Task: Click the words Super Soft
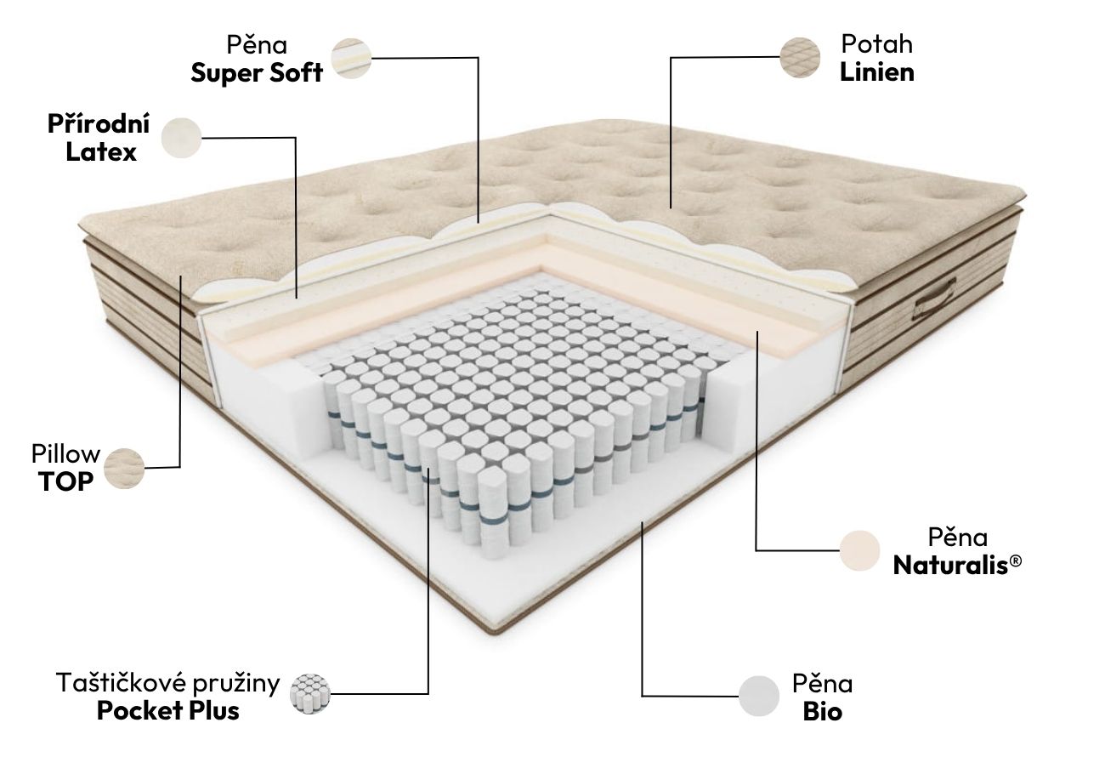pos(257,73)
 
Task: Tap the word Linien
pos(876,72)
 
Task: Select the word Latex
pos(100,151)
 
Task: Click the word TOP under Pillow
pos(65,481)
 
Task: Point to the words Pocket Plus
pos(167,711)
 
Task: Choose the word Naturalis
pos(952,566)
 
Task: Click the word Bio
pos(822,712)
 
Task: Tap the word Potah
pos(876,44)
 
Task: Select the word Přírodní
pos(98,124)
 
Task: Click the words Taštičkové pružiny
pos(167,684)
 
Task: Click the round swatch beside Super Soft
pos(351,58)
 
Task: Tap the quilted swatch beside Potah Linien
pos(800,58)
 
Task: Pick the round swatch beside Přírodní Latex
pos(182,138)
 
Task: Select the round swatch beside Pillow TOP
pos(124,469)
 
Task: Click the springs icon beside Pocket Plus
pos(309,693)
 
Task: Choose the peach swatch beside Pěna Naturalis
pos(860,550)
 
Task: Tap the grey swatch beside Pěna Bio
pos(759,696)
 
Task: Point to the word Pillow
pos(65,454)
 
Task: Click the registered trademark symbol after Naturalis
pos(1017,560)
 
